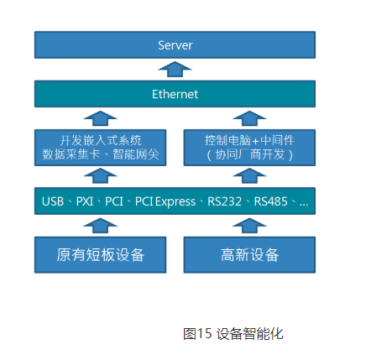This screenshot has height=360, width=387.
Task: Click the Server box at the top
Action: (x=175, y=45)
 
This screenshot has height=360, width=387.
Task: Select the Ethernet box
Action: (x=175, y=94)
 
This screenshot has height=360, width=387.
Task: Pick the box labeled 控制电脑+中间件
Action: (x=249, y=147)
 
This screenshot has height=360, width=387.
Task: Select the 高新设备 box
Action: (x=249, y=254)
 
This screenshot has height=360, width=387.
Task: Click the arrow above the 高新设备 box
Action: (x=249, y=225)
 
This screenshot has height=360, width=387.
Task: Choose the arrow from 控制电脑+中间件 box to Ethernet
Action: (x=249, y=117)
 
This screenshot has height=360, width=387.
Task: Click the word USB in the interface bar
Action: (x=54, y=201)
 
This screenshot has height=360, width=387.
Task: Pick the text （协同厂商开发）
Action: (x=249, y=154)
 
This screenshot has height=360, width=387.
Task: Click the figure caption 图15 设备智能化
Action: (x=233, y=333)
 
